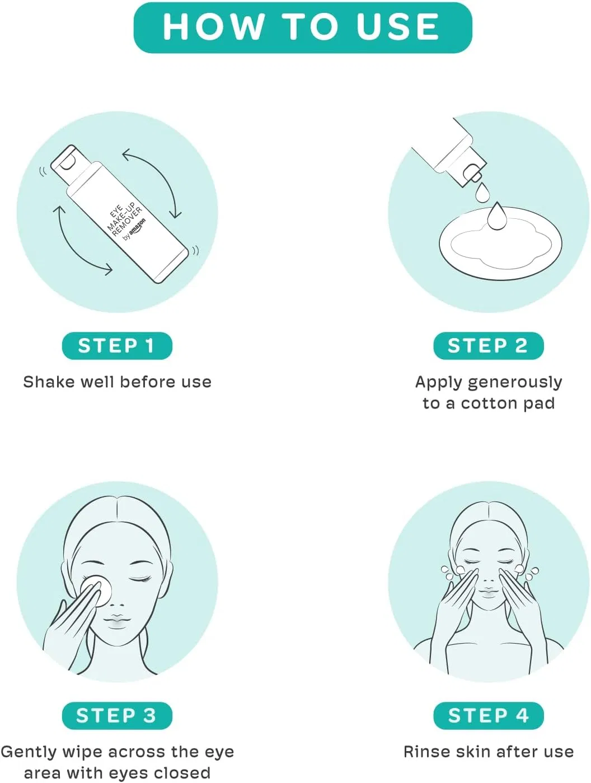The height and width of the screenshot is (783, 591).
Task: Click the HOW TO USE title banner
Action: coord(302,27)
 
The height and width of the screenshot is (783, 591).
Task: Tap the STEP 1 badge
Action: coord(117,345)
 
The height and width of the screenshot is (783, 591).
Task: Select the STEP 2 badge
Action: coord(488,345)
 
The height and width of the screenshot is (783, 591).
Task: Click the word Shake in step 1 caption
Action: coord(50,382)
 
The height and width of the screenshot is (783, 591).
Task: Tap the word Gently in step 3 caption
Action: coord(29,753)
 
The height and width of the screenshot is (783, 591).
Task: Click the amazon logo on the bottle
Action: coord(137,228)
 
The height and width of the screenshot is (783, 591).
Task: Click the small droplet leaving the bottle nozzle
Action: coord(482,193)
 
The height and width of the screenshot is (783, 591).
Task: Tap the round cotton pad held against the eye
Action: coord(96,590)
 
